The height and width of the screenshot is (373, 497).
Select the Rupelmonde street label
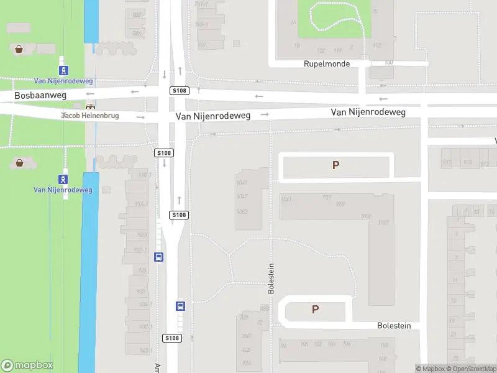[327, 64]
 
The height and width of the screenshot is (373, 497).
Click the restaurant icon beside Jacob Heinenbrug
[91, 107]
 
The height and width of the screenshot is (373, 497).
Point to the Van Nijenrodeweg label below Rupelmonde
[368, 113]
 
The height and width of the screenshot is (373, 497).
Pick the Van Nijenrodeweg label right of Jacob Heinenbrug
[212, 116]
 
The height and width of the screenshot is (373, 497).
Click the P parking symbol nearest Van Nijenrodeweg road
[336, 165]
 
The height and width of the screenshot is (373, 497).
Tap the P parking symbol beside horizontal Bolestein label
[315, 309]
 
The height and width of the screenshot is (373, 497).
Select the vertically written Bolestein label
[271, 278]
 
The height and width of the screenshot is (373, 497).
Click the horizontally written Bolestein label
[394, 326]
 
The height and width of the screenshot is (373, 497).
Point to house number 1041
[286, 199]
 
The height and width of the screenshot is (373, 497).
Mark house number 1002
[242, 211]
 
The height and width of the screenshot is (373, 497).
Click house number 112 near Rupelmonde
[376, 45]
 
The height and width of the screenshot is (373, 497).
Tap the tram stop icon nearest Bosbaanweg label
[63, 71]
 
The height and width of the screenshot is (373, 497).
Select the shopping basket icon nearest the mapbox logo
[19, 163]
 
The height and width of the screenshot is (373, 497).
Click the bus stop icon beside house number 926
[158, 257]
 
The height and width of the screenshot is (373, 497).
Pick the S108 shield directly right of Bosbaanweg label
[179, 91]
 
